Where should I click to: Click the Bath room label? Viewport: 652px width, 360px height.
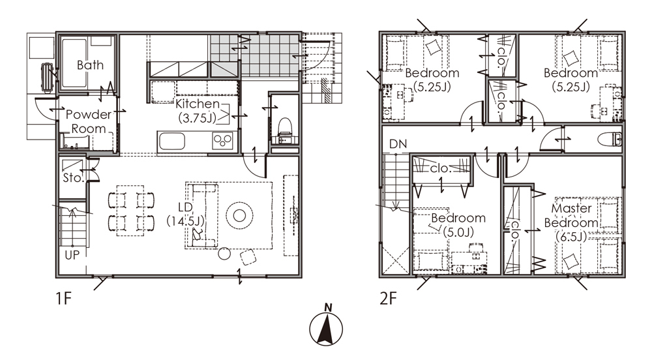[x=90, y=65]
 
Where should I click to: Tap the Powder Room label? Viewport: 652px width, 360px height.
[x=89, y=121]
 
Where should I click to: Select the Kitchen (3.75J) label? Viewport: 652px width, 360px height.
[x=198, y=111]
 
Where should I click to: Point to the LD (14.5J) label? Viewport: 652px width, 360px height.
[x=185, y=214]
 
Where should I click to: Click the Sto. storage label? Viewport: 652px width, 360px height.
[x=73, y=178]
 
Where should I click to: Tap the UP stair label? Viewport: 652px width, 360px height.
[x=72, y=254]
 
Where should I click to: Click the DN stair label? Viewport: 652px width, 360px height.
[x=398, y=144]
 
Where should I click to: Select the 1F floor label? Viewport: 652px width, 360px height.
[x=64, y=298]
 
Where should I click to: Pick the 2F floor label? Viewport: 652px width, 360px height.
[x=388, y=298]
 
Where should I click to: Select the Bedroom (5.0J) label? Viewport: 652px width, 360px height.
[x=458, y=225]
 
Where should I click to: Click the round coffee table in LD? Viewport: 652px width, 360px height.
[x=239, y=215]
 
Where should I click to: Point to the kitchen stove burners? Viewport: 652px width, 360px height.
[x=222, y=140]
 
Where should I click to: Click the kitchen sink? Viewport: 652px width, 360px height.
[x=171, y=142]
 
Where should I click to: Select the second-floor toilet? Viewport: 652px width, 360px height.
[x=610, y=140]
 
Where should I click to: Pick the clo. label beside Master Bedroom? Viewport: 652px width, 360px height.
[x=516, y=230]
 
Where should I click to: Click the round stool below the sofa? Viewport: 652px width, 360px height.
[x=224, y=253]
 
